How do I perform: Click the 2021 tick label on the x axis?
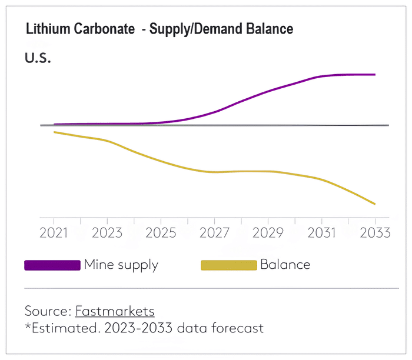point(54,232)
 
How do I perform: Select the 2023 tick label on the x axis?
point(107,232)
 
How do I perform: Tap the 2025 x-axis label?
point(160,232)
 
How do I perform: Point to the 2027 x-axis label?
point(214,232)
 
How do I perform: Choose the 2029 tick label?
point(268,232)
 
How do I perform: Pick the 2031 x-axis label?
point(321,232)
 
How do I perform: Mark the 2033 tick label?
point(374,232)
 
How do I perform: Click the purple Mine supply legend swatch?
point(52,265)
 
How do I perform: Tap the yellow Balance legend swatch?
point(229,265)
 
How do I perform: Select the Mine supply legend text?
point(121,265)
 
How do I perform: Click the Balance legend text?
point(285,265)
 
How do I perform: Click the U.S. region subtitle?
point(38,59)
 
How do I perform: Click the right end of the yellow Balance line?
point(375,204)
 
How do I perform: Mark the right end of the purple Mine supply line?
point(375,75)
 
